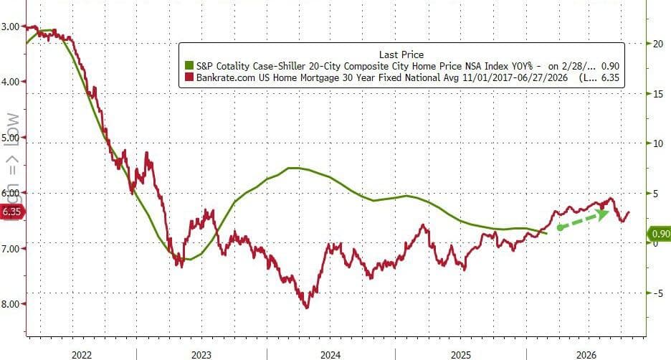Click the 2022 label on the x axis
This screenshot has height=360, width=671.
82,355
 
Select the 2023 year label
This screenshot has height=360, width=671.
201,355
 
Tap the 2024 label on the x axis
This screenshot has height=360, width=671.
330,355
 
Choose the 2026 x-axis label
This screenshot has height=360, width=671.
586,355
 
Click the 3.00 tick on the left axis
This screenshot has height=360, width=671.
11,27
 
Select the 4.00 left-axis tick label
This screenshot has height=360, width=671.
11,82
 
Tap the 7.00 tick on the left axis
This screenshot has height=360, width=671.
11,248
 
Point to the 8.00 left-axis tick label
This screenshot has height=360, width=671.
11,303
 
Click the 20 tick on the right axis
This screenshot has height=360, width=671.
657,43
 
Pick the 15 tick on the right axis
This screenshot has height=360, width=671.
657,93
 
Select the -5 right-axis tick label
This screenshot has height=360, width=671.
657,293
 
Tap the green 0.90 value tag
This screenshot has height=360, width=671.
659,233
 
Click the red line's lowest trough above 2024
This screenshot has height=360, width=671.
307,307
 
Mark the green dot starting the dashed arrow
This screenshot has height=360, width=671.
559,227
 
